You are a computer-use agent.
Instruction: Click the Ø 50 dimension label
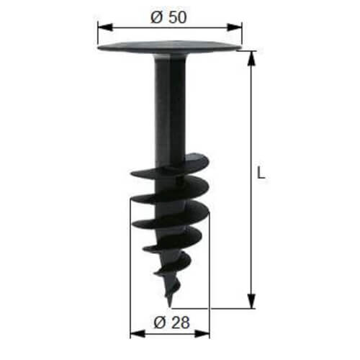168,17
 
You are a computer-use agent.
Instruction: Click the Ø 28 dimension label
171,323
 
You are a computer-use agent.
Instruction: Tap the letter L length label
261,173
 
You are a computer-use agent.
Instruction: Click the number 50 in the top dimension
177,17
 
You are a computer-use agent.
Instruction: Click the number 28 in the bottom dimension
180,323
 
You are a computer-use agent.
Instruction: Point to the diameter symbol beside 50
157,17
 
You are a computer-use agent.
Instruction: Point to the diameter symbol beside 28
160,323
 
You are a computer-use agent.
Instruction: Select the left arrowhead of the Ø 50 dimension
105,27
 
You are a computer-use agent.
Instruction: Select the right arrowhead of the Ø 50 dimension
235,27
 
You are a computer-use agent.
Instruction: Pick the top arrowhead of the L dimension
251,58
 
